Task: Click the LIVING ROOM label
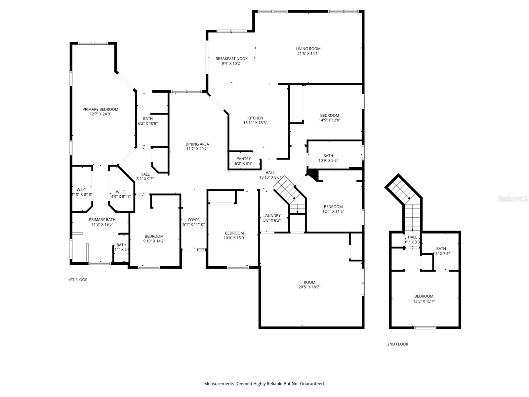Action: tap(308, 49)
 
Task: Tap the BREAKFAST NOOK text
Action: tap(231, 59)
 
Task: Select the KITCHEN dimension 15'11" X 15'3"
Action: tap(255, 123)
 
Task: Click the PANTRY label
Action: tap(244, 159)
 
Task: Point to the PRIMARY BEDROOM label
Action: tap(100, 110)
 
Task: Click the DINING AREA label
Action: tap(197, 144)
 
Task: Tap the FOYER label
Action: tap(194, 220)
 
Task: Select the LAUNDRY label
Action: tap(272, 216)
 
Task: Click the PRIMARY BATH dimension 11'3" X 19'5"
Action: tap(102, 224)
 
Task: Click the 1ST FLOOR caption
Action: tap(78, 280)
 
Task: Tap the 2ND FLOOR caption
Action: tap(397, 344)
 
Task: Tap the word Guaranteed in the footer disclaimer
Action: tap(312, 384)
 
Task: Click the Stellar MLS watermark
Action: tap(512, 199)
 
